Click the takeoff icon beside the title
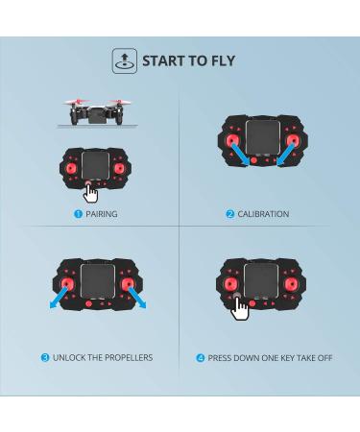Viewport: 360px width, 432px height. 125,60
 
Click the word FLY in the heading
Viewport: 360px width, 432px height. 223,60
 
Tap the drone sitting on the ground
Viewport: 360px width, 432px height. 97,112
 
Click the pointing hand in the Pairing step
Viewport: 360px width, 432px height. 91,193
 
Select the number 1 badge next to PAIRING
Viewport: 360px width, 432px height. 78,214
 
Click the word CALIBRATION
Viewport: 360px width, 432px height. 263,214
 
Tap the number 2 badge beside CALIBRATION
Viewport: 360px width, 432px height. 230,214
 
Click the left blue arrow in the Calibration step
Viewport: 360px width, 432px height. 240,155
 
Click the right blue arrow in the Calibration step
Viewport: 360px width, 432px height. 286,155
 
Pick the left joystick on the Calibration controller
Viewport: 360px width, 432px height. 231,141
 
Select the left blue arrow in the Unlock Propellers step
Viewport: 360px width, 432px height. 59,298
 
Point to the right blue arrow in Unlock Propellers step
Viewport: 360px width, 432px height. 137,298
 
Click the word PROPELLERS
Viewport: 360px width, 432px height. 129,357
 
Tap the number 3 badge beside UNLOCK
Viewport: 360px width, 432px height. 45,357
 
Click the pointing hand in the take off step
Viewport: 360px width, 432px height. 239,308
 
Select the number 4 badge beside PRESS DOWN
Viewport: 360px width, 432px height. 200,358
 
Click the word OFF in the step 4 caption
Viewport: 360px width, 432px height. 324,358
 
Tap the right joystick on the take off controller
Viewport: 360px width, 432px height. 292,284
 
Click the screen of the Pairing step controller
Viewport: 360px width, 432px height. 95,165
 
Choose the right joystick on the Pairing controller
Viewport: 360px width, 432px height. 119,168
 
